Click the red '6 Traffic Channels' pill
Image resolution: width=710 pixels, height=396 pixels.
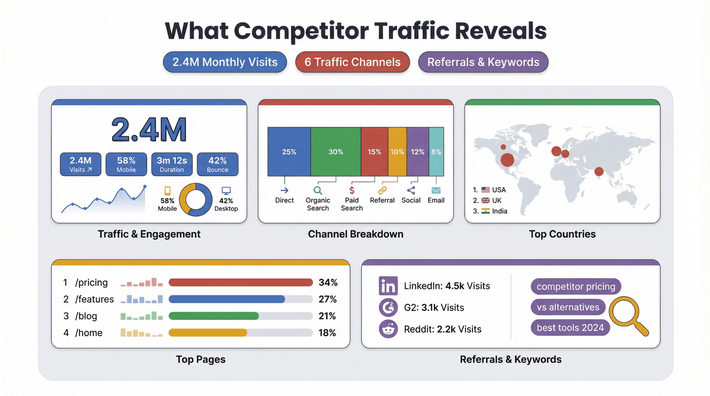(x=352, y=62)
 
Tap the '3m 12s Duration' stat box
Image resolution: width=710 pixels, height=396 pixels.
(x=172, y=164)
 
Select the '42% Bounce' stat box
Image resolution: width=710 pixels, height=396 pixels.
(x=217, y=164)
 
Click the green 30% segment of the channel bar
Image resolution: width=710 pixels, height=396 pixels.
(x=336, y=152)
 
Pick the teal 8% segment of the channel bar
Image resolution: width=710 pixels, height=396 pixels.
(x=436, y=152)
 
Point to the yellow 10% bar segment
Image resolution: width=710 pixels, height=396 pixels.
(x=397, y=152)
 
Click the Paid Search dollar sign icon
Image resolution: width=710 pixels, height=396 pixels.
(x=352, y=190)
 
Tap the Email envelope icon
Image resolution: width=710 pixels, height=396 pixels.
(x=436, y=190)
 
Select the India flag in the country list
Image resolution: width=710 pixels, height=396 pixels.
(x=485, y=211)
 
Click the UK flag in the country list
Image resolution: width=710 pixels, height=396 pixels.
(x=485, y=200)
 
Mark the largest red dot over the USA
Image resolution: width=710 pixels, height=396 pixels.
(x=507, y=160)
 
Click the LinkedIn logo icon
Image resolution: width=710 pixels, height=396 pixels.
(x=388, y=286)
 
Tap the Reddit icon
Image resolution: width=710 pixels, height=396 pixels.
(x=388, y=329)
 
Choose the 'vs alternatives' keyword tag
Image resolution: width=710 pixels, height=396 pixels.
(x=568, y=307)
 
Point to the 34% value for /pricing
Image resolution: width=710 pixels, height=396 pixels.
(x=328, y=283)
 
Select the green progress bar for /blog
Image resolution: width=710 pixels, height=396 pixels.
(x=214, y=316)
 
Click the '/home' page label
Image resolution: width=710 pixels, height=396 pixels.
(x=89, y=333)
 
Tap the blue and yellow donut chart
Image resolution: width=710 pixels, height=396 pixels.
(x=195, y=199)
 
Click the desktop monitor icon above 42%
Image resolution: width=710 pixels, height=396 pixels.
(x=226, y=191)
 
